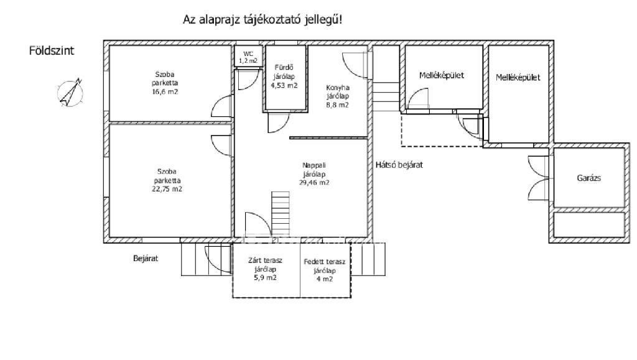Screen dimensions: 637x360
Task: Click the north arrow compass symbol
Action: [x=70, y=93]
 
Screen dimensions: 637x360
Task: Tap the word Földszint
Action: [x=52, y=51]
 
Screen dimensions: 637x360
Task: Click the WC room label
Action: [x=248, y=54]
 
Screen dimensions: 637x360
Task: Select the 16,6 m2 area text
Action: [x=165, y=92]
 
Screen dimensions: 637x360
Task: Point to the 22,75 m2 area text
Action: [x=167, y=189]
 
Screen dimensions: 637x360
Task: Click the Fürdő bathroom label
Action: [x=284, y=67]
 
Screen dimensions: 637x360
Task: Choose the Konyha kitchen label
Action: [x=338, y=87]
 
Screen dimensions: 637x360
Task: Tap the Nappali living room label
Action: [x=314, y=165]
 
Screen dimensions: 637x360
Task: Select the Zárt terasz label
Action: [x=265, y=261]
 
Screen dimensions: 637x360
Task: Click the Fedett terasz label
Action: [x=324, y=262]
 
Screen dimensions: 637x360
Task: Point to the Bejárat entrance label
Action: [x=146, y=258]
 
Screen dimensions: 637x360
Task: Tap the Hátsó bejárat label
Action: [x=399, y=165]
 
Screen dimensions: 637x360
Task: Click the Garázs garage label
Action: [x=588, y=178]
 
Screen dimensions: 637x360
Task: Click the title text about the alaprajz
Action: [x=263, y=19]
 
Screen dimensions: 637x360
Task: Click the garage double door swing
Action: [x=539, y=178]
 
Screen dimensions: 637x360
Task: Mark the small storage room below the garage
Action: [x=589, y=225]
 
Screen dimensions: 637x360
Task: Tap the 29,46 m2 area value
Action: [x=314, y=183]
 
